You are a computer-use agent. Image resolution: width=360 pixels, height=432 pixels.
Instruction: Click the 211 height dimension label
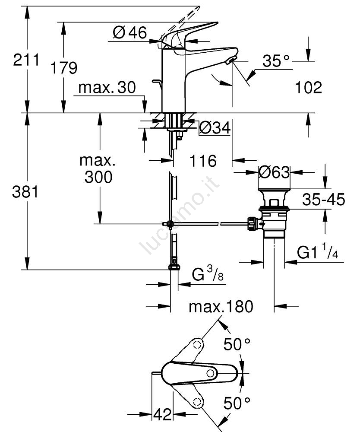(26, 60)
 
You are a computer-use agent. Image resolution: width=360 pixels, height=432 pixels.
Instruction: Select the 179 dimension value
(64, 68)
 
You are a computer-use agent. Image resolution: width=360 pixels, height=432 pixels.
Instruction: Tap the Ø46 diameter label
(130, 32)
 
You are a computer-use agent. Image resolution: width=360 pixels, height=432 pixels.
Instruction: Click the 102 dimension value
(309, 88)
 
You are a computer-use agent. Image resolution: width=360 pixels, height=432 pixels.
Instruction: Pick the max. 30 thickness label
(107, 88)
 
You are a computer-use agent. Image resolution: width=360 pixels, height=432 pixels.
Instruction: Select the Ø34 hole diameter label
(215, 128)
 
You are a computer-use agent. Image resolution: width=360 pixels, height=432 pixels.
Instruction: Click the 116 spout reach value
(203, 161)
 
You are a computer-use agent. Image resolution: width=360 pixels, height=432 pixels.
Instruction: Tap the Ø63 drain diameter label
(274, 173)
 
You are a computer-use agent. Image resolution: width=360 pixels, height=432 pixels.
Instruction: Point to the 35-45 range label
(323, 200)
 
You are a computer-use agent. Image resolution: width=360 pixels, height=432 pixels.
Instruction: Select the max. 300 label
(98, 169)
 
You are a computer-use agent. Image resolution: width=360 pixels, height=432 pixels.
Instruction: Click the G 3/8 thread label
(207, 275)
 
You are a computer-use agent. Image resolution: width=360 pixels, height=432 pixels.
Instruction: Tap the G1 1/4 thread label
(318, 253)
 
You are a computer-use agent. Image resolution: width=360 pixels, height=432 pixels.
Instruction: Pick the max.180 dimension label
(221, 307)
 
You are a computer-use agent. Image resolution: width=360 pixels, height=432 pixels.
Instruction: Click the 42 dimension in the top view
(162, 415)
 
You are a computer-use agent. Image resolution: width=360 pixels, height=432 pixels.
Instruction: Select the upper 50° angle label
(237, 344)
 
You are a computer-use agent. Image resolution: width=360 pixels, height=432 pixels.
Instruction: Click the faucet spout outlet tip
(232, 60)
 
